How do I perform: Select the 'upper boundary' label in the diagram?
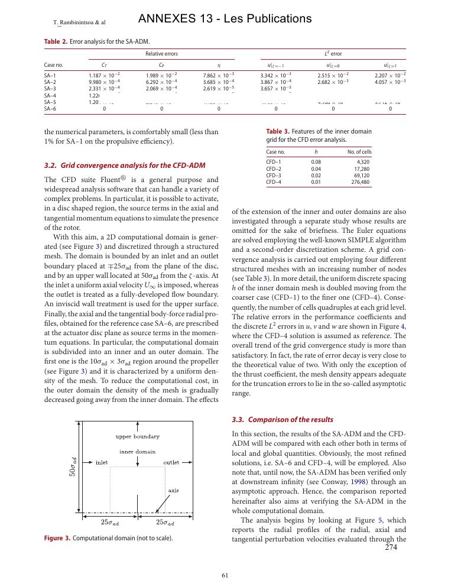point(137,436)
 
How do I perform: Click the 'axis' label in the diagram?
point(173,491)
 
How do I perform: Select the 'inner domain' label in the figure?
point(138,451)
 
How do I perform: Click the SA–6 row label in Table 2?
point(50,109)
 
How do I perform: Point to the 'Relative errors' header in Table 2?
point(161,54)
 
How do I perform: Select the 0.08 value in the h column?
point(316,161)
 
